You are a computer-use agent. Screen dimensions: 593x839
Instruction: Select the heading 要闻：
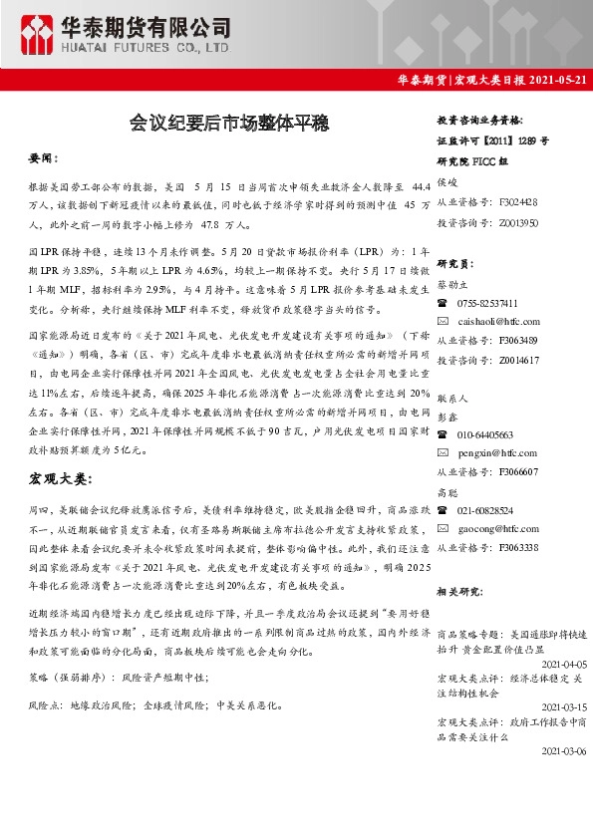point(44,158)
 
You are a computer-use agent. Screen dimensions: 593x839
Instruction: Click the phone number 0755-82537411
point(486,303)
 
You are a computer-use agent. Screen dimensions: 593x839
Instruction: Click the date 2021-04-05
point(562,664)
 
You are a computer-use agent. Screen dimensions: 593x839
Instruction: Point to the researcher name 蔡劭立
point(455,284)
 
